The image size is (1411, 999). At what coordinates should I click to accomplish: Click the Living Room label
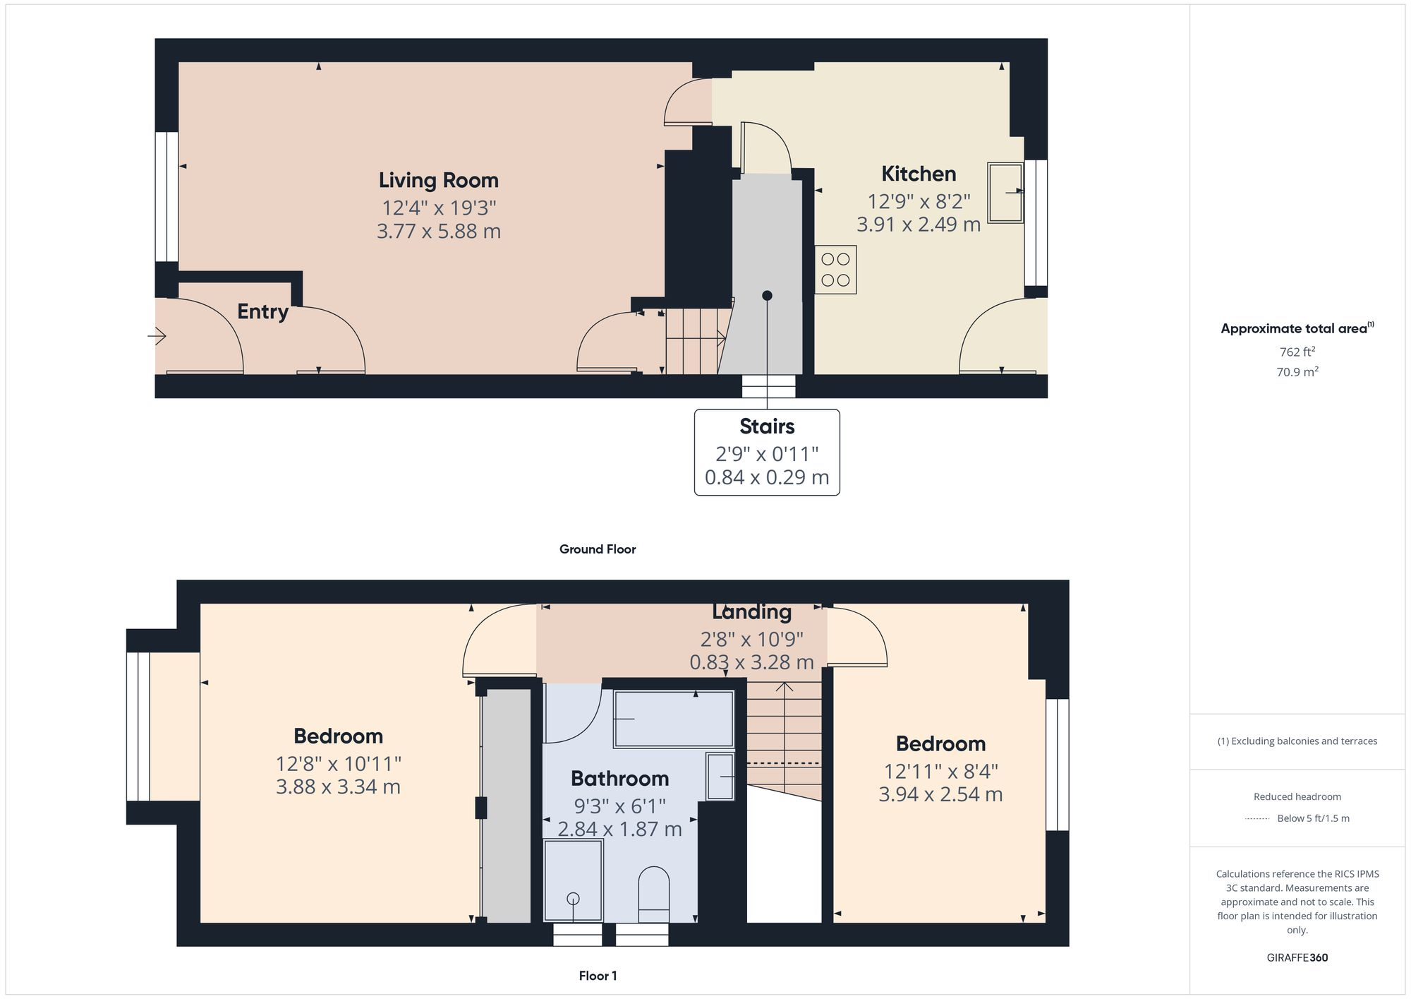438,181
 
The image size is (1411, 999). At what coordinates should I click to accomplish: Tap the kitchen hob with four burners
835,270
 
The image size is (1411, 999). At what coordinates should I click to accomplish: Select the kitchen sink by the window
1005,193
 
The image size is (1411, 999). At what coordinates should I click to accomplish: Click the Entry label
262,311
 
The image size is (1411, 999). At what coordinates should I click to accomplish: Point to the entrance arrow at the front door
157,336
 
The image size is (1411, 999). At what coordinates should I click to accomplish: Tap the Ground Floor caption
597,549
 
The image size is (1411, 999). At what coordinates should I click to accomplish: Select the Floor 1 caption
598,976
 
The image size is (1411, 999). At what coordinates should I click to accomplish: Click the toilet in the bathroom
653,894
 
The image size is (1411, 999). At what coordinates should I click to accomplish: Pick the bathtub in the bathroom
673,719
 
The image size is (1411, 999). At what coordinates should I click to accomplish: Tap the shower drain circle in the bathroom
573,899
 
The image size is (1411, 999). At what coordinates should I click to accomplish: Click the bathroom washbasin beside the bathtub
720,777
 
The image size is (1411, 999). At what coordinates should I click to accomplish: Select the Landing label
751,611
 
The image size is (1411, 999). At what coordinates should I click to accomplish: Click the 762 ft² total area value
1297,352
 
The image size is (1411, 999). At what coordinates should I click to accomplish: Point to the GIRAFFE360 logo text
1297,958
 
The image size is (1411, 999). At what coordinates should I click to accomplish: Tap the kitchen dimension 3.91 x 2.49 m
918,225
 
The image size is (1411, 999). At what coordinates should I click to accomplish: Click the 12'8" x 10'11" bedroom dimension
338,764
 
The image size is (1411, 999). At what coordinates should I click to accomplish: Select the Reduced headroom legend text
1297,796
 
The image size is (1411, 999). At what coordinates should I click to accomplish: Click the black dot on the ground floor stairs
767,296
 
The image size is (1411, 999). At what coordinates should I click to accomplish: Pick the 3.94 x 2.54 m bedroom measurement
940,794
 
